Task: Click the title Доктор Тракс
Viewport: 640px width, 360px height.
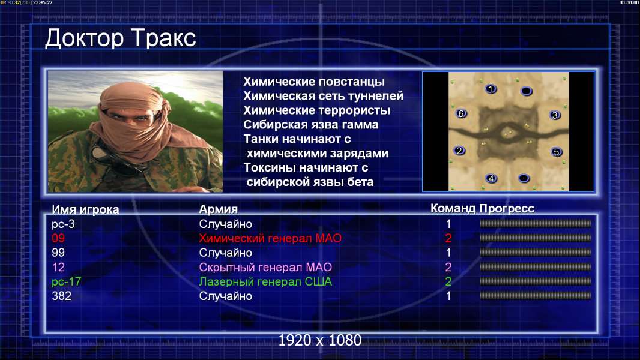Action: pos(121,39)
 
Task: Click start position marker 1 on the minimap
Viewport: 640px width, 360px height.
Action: pos(491,89)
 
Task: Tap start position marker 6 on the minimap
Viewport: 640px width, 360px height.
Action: pos(461,114)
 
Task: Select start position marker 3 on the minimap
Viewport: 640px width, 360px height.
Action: pos(555,115)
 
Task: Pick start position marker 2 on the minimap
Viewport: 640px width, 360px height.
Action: pos(459,151)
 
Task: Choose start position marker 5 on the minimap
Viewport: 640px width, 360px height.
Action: pos(556,152)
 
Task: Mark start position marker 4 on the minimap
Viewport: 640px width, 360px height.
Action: pos(491,178)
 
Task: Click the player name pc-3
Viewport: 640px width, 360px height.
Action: pos(63,224)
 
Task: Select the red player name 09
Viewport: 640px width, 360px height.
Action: pos(58,238)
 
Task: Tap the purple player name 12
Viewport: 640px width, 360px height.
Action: pos(58,267)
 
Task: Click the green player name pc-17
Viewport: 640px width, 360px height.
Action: pos(67,282)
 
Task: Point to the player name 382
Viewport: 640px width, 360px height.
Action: pos(62,296)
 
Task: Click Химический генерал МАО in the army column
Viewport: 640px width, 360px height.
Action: pos(270,238)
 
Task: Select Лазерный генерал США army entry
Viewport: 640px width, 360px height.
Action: pos(265,282)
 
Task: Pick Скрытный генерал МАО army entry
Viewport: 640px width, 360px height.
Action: pos(265,267)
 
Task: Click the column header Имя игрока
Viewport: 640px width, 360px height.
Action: pos(85,209)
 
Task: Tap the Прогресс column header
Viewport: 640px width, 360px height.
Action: pos(507,209)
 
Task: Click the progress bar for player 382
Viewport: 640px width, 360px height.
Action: pos(536,295)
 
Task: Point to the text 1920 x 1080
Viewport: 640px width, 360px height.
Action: pos(320,340)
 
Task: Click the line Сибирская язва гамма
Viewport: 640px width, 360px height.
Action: pos(311,125)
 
